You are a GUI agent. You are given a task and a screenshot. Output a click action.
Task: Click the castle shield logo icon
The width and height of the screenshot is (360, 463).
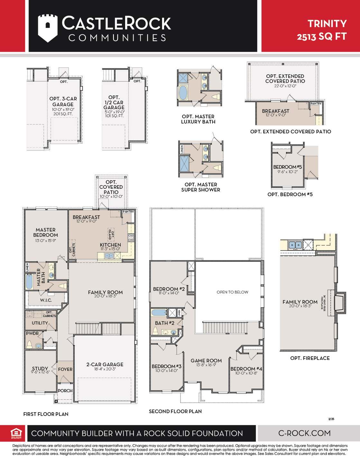pos(48,28)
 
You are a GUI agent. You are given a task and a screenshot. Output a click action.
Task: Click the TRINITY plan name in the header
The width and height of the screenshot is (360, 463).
pos(327,23)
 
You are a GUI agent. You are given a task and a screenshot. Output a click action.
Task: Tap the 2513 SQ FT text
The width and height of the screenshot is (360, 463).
pos(321,36)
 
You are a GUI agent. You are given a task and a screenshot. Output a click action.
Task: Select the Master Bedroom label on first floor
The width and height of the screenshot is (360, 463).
pos(45,232)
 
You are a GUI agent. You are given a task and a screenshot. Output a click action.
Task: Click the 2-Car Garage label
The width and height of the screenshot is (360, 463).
pos(105,365)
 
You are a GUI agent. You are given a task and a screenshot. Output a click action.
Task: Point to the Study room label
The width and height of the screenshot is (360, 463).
pos(40,368)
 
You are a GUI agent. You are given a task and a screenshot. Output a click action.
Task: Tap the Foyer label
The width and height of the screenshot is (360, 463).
pos(65,369)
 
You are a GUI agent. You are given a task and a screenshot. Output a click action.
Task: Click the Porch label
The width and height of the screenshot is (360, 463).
pos(65,391)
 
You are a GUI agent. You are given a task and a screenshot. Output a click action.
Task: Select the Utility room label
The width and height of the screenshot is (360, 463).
pos(40,323)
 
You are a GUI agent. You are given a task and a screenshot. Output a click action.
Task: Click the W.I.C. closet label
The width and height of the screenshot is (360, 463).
pos(46,300)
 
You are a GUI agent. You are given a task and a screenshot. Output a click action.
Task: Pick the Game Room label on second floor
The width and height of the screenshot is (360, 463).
pos(206,361)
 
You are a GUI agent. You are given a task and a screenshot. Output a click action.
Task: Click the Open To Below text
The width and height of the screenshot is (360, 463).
pos(232,292)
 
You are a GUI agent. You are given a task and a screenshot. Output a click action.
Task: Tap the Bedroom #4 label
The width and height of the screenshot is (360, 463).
pos(246,369)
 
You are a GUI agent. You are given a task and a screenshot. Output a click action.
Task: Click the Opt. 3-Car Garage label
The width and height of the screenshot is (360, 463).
pos(63,102)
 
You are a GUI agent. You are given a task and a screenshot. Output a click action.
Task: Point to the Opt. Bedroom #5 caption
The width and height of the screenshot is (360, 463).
pos(290,195)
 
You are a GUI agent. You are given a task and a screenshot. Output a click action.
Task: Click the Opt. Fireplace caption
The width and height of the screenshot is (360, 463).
pos(310,358)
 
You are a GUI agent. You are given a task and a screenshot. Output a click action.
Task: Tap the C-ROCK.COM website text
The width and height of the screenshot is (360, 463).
pos(304,433)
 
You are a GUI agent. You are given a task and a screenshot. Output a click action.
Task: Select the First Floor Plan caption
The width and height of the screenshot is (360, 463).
pos(46,414)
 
